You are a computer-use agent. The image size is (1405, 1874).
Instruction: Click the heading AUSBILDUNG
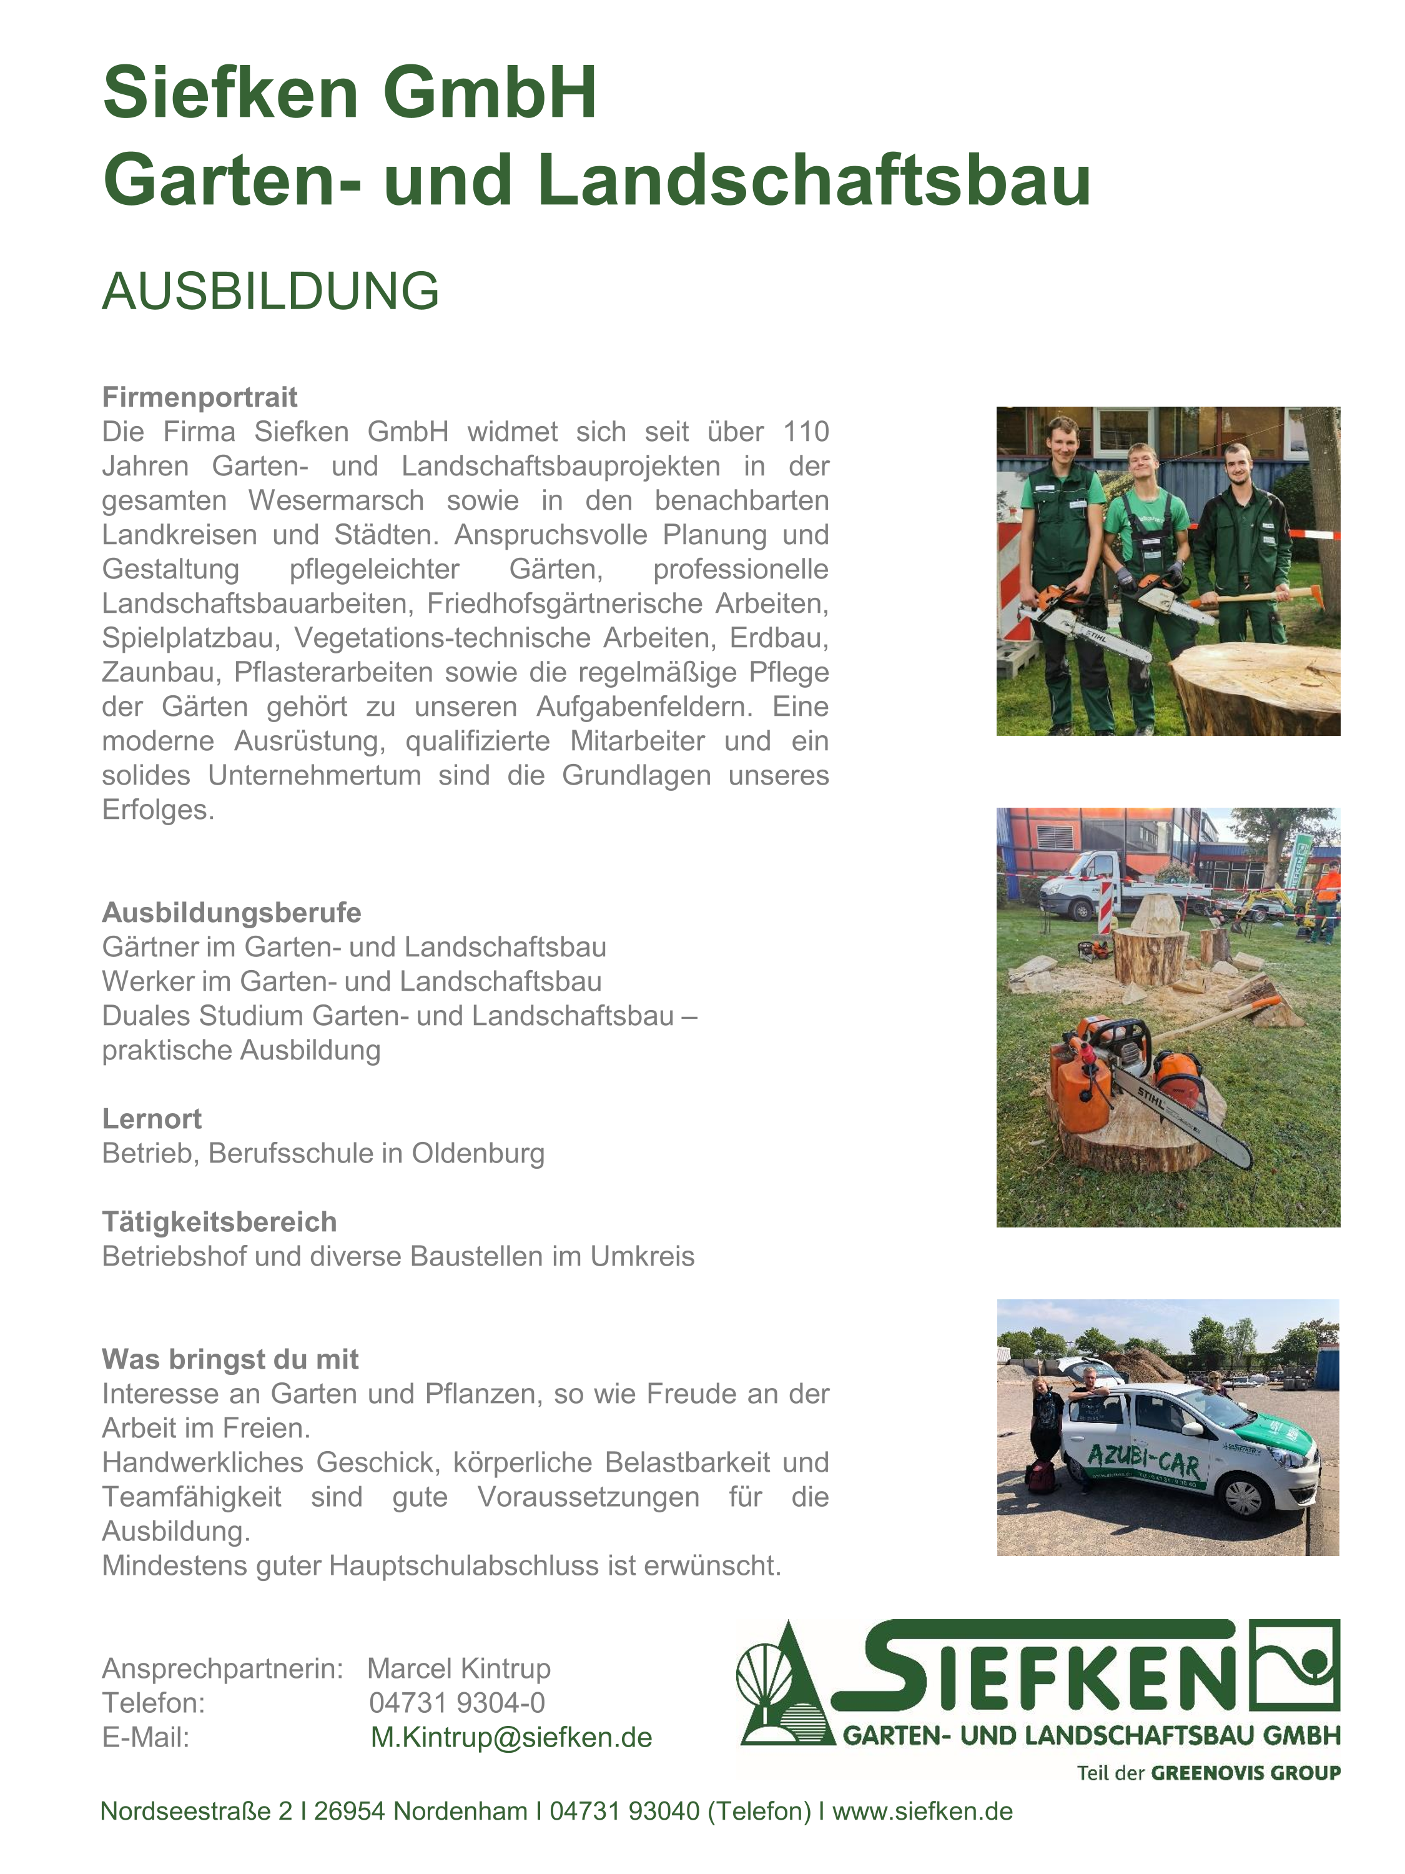[270, 292]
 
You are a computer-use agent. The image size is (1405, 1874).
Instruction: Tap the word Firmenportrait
[199, 397]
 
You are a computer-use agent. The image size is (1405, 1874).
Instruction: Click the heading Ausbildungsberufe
[231, 913]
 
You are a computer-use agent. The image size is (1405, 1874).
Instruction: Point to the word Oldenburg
[478, 1153]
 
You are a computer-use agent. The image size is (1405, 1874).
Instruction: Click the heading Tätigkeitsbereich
[219, 1222]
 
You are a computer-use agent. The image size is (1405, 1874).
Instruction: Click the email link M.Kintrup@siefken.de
[511, 1738]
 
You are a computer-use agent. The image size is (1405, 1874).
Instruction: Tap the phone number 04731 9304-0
[457, 1703]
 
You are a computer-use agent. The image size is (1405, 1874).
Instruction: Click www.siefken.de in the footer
[922, 1812]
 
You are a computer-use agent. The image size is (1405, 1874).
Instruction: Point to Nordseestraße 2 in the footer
[197, 1812]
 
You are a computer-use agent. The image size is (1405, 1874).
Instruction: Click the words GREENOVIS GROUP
[1245, 1773]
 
